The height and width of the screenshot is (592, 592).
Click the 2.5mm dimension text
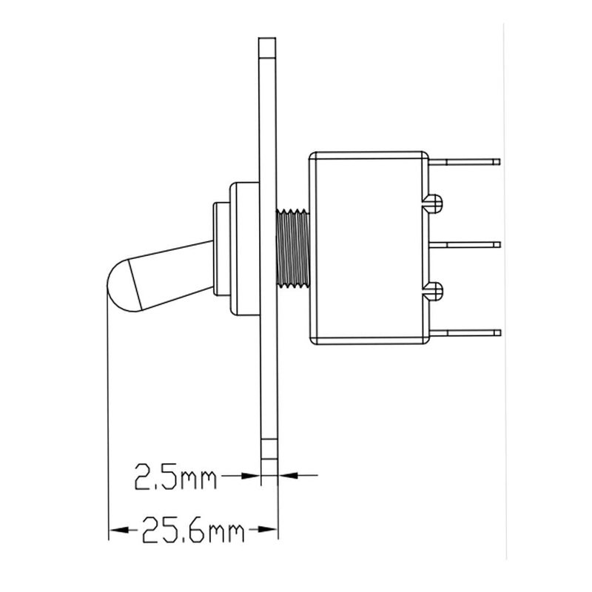coord(175,477)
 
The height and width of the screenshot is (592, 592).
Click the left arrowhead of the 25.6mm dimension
coord(115,530)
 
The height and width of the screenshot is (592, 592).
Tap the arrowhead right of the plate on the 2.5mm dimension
coord(286,475)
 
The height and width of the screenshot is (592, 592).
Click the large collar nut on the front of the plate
coord(243,248)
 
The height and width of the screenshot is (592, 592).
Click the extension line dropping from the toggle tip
coord(109,414)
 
